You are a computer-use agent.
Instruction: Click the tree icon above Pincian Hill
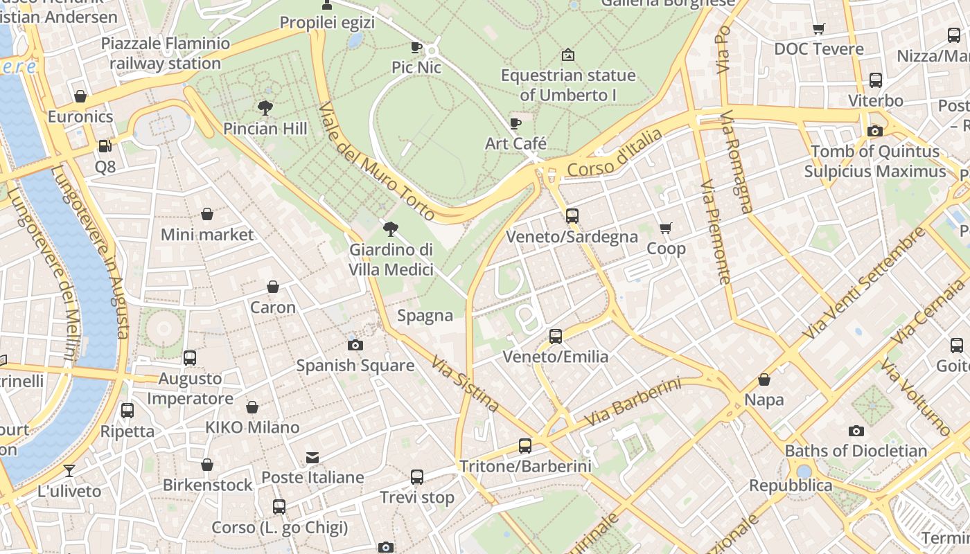265,107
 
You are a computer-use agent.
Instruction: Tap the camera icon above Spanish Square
355,345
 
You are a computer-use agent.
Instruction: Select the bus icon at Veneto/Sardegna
572,215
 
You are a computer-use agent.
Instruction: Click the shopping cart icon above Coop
666,228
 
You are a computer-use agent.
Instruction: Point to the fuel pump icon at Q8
105,146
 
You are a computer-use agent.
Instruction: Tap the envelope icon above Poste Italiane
312,457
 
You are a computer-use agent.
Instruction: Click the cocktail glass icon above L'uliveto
69,471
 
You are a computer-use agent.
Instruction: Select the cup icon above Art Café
515,123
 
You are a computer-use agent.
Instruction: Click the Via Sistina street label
465,384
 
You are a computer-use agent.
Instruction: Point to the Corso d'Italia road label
615,154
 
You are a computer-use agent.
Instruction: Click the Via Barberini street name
633,402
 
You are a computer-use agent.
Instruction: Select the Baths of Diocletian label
856,451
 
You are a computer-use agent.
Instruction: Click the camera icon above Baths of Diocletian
856,431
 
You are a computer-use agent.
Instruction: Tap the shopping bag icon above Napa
764,379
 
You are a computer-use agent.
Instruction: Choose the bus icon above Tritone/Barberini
525,445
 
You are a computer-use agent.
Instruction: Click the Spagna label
425,316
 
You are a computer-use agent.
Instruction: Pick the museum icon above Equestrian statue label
568,54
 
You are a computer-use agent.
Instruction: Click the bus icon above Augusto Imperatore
190,358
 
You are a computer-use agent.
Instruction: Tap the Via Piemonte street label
716,232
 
